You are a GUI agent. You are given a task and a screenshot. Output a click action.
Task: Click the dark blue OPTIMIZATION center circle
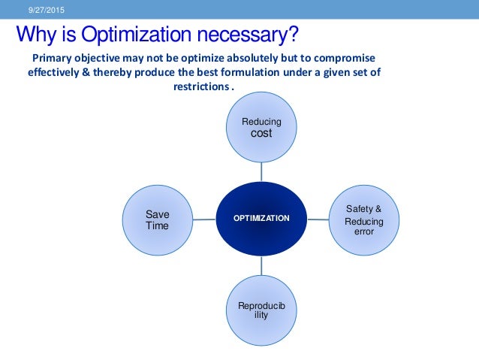coord(261,218)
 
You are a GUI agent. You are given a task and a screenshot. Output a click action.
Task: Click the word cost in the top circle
coord(261,133)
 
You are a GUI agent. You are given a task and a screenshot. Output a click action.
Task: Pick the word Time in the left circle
coord(157,225)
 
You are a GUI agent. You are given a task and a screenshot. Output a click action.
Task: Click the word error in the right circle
coord(364,232)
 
